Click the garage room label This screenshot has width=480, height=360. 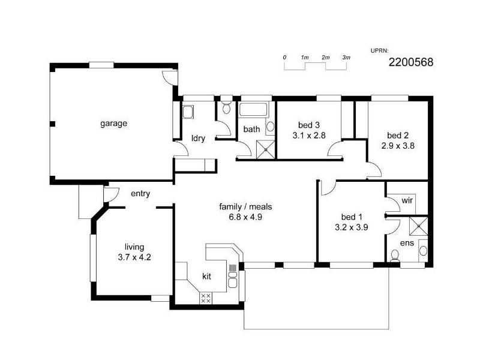tap(113, 124)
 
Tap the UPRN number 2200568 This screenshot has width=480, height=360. tap(411, 61)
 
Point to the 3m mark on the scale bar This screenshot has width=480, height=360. tap(346, 57)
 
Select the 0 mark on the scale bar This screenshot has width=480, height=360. tap(284, 57)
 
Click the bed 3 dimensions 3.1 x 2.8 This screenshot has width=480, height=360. tap(308, 136)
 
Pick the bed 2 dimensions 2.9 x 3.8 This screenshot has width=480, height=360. tap(397, 145)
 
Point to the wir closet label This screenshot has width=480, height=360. tap(407, 199)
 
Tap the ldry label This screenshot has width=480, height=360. tap(198, 138)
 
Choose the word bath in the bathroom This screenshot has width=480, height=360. tap(251, 128)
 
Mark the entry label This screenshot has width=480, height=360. tap(140, 193)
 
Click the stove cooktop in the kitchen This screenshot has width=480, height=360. tap(206, 298)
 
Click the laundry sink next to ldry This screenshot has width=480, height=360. tap(188, 112)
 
